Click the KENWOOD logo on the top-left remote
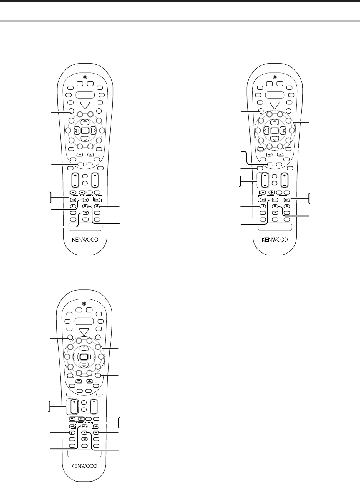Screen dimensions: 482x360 coord(85,239)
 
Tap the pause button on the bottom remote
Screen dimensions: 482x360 coord(72,433)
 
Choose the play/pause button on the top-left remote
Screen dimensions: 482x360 coord(85,200)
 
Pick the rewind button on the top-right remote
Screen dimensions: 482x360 coord(261,200)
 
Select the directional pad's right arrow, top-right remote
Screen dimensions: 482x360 coord(284,131)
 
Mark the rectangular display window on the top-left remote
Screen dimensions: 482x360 coord(85,95)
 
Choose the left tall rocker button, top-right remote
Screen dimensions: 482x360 coord(265,180)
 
